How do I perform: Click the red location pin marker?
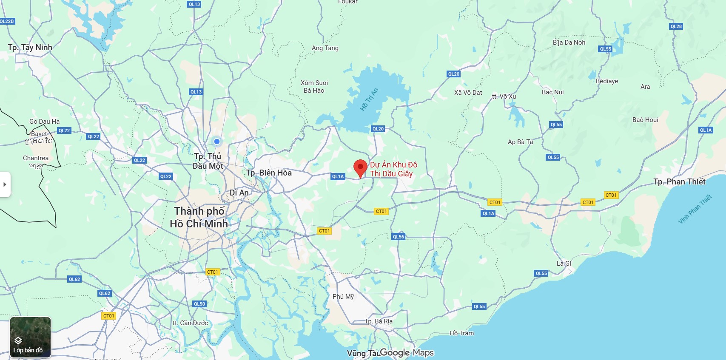[360, 168]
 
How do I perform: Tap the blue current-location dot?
[217, 142]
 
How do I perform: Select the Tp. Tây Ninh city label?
[30, 48]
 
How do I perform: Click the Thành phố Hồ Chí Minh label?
[199, 217]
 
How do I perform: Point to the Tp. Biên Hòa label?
[269, 173]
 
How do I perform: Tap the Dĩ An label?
[239, 193]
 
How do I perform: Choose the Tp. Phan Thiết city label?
[679, 182]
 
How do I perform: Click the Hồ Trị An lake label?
[369, 99]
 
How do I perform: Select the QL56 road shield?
[399, 237]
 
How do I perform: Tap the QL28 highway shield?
[676, 26]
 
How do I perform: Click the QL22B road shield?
[7, 21]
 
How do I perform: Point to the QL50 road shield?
[199, 304]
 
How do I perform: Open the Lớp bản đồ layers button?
[30, 337]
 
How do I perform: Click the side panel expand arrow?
[5, 184]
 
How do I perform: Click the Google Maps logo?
[407, 353]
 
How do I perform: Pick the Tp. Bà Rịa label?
[379, 321]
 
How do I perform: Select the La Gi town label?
[564, 264]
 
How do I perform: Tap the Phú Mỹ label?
[343, 297]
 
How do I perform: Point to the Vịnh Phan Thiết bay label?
[695, 209]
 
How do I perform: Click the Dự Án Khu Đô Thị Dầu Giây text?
[393, 169]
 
